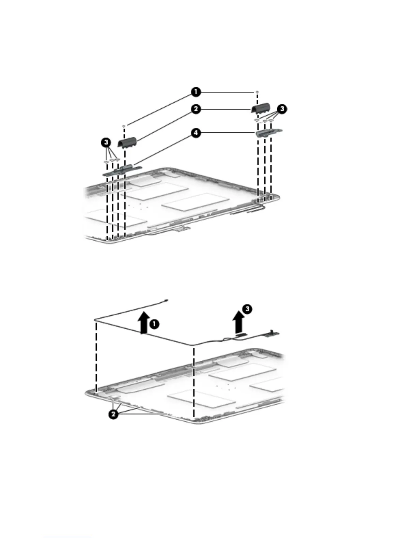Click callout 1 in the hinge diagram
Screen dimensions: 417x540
(196, 92)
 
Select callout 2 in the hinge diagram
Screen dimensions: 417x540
(196, 109)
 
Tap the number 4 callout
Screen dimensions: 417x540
(196, 133)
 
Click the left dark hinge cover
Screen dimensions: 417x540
(127, 142)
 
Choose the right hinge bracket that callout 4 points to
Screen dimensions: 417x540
(269, 132)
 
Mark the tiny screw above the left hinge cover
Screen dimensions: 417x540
(124, 126)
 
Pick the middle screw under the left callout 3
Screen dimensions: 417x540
(112, 160)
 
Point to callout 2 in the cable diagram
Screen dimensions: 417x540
(114, 415)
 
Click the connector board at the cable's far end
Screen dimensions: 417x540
(275, 333)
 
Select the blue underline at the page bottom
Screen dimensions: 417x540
(67, 537)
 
